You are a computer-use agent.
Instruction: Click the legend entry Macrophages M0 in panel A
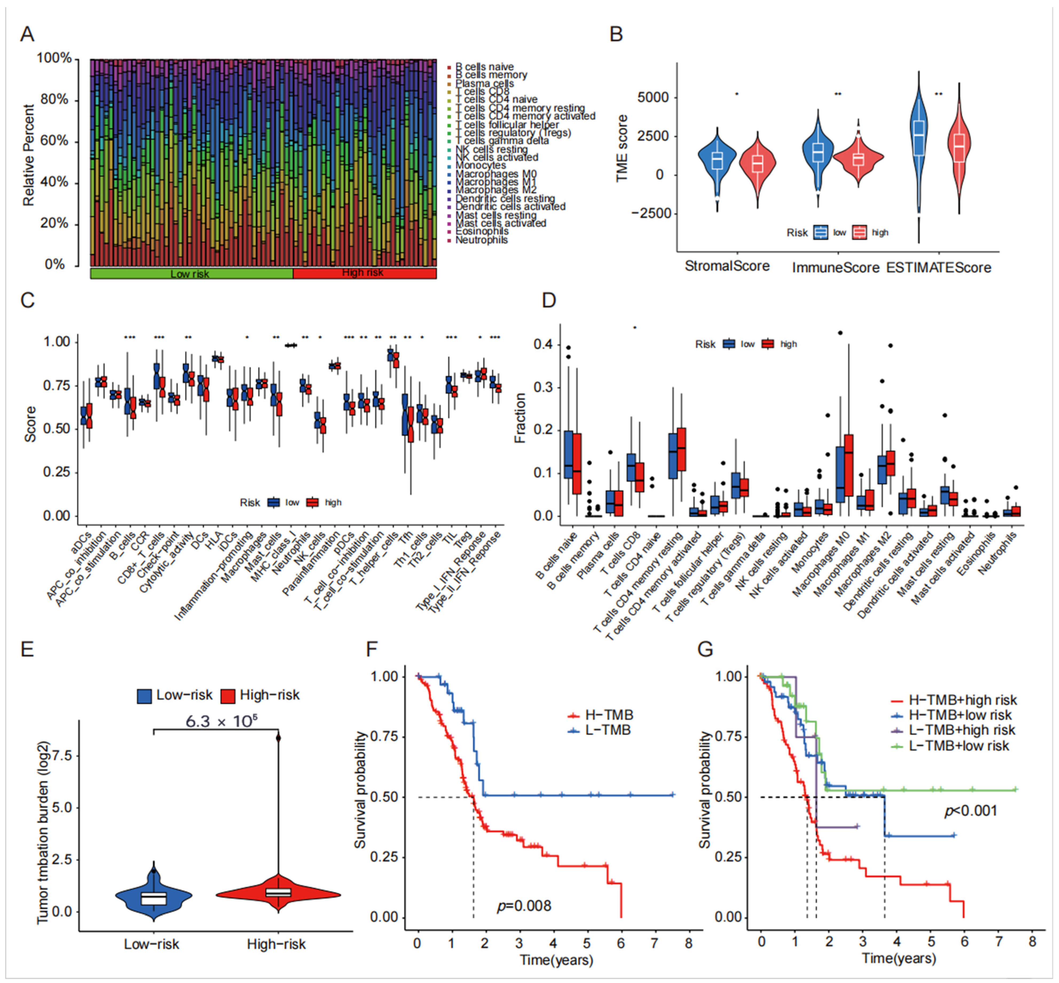click(x=496, y=174)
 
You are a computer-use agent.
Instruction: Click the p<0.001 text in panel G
click(x=971, y=811)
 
